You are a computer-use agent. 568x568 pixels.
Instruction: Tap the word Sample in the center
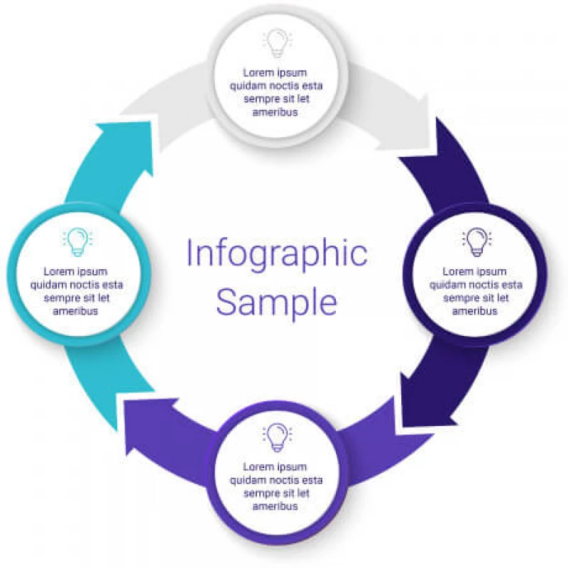[x=277, y=302]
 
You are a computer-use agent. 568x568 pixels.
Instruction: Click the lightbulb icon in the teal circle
[x=77, y=241]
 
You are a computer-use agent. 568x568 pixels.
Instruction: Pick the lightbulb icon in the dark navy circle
[x=476, y=241]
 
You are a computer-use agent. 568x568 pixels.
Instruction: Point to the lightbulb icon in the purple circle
[x=276, y=436]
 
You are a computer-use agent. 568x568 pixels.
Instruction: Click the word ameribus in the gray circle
[x=276, y=112]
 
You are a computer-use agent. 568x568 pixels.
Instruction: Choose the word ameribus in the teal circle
[x=77, y=311]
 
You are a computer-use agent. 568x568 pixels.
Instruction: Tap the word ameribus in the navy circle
[x=476, y=311]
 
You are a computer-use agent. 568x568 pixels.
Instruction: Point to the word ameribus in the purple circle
[x=276, y=506]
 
